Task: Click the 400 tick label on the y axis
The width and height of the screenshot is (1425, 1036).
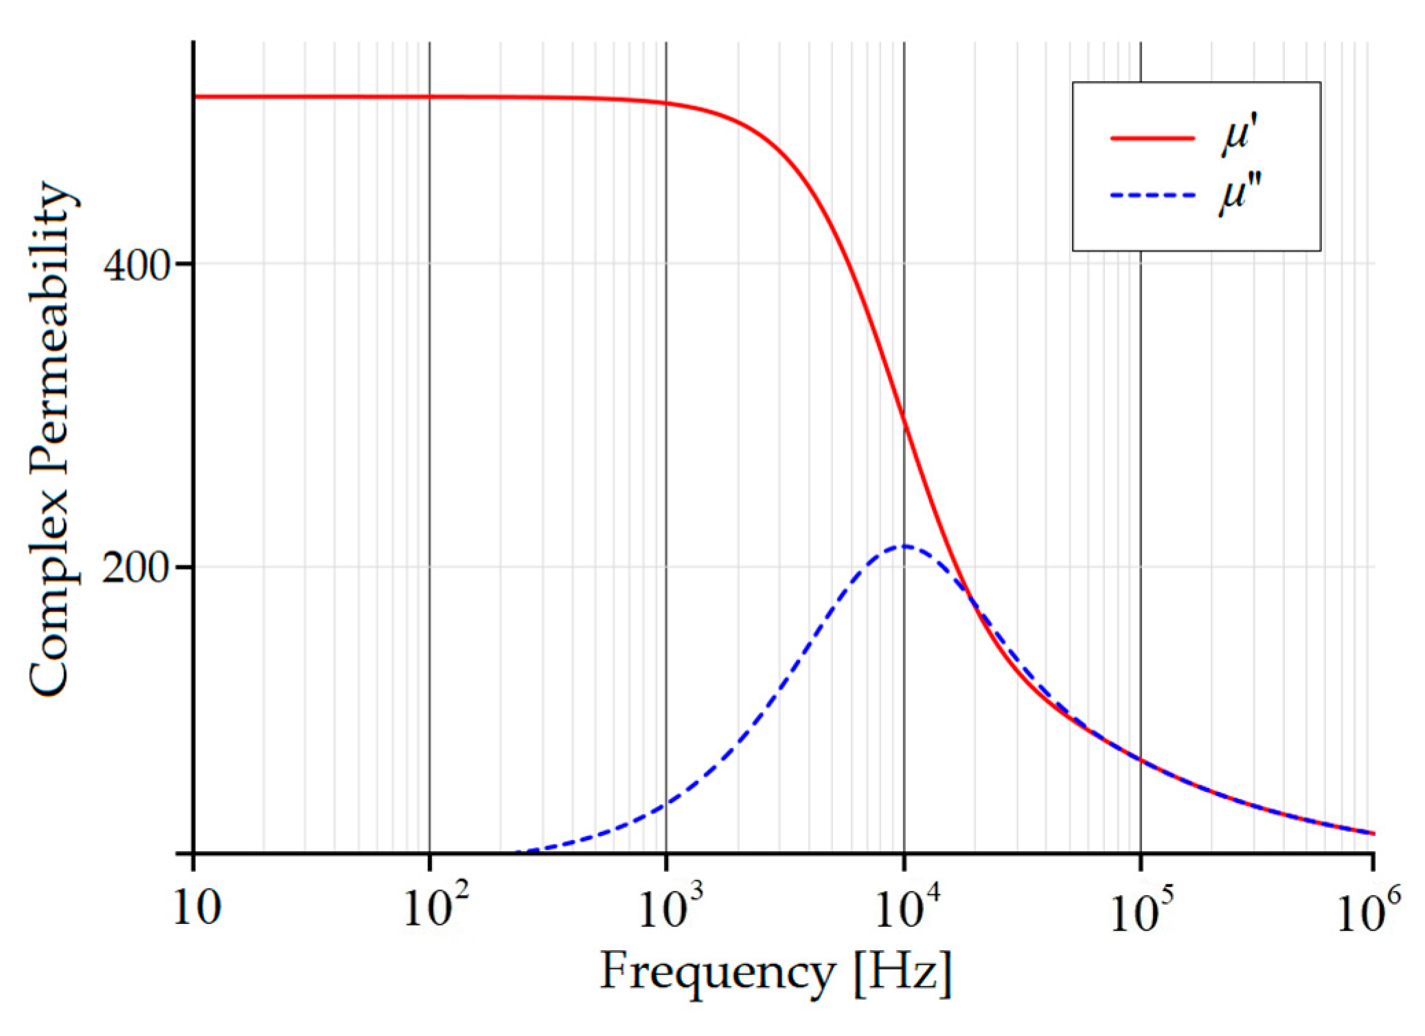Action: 135,266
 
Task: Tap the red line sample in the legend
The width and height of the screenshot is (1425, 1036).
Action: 1152,138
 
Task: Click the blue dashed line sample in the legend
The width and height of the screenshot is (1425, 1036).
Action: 1152,196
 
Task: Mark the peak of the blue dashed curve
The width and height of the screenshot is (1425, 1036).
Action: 904,546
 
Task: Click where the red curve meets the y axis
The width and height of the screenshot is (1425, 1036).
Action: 194,96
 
